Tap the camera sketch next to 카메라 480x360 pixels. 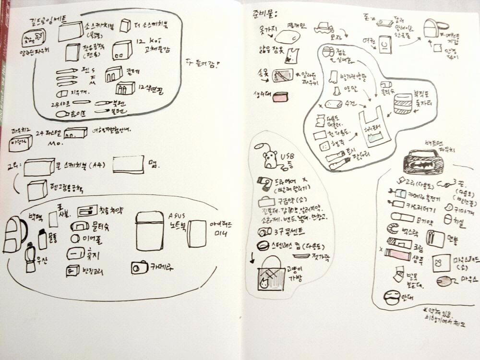coord(140,267)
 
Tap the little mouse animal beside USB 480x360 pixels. coord(270,159)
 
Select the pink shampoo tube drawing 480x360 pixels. coord(397,254)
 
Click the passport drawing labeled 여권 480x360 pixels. coord(384,45)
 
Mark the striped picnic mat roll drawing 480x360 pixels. coord(403,104)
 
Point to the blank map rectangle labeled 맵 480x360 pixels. coord(128,164)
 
